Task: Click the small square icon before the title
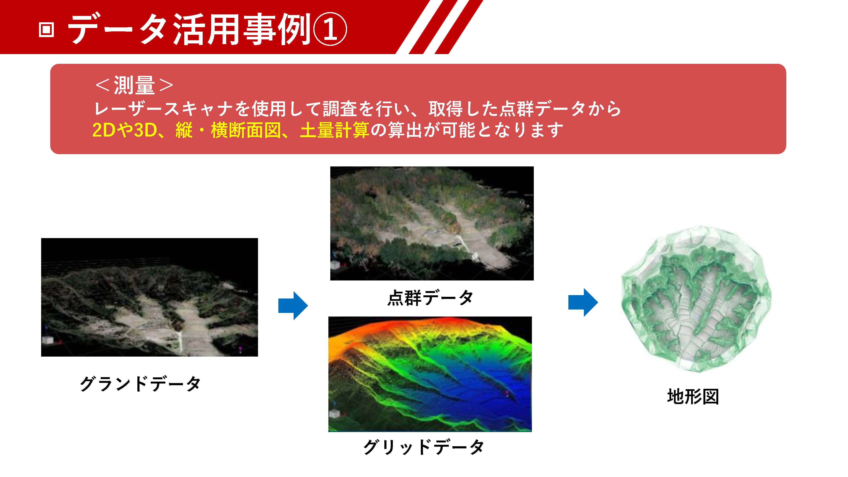click(x=46, y=30)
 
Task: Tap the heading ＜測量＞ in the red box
click(x=134, y=85)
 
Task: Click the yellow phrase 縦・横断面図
click(x=228, y=130)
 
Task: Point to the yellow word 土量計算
click(x=335, y=130)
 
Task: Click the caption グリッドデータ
click(x=424, y=447)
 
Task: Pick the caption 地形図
click(x=693, y=396)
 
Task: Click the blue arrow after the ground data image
click(x=293, y=305)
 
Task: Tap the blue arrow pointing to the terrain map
click(x=583, y=302)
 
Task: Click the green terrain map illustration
click(x=696, y=298)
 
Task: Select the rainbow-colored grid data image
click(x=430, y=374)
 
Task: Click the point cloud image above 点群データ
click(x=432, y=223)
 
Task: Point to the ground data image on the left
click(x=149, y=297)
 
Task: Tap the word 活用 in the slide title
click(x=206, y=30)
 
